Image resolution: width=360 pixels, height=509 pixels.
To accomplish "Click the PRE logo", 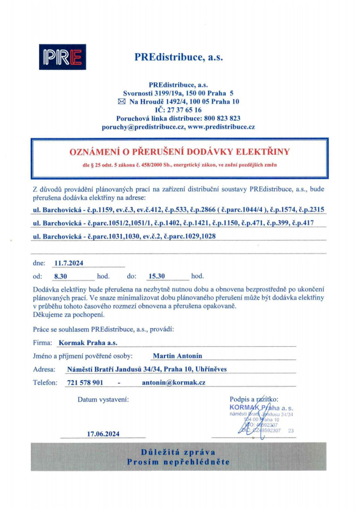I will click(62, 58).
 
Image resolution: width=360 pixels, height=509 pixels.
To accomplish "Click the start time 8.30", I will click(63, 276).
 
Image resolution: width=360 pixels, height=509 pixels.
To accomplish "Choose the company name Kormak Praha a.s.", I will click(88, 343).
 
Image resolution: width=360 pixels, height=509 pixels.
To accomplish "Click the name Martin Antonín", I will click(177, 356).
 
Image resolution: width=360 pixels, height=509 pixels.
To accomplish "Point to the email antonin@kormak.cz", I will click(173, 382).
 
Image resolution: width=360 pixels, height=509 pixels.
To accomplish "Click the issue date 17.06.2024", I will click(103, 434).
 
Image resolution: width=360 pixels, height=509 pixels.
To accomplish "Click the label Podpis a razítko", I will click(254, 399).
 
